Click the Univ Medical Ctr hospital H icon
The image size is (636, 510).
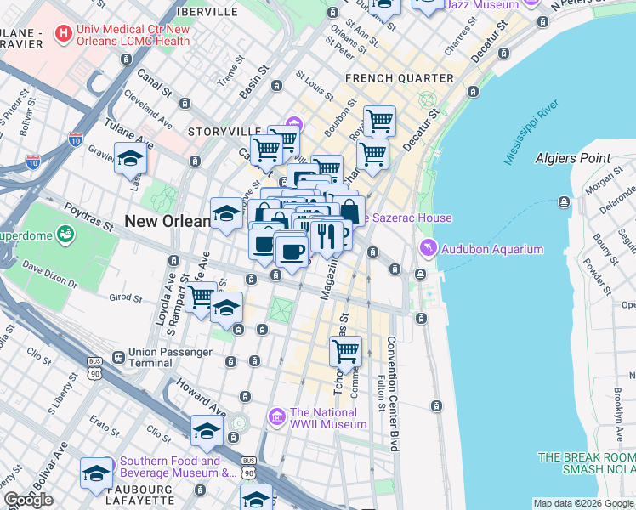click(x=62, y=35)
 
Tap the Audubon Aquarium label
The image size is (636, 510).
click(x=492, y=249)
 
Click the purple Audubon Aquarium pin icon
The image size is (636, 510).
click(x=427, y=248)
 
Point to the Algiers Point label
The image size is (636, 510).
click(x=572, y=158)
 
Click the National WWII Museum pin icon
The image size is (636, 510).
click(x=276, y=416)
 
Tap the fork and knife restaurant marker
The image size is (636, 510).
click(x=326, y=235)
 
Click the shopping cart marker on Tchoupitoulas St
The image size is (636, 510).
click(x=345, y=351)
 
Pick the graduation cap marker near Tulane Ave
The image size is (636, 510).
click(x=131, y=160)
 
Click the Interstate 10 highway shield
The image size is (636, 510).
click(x=77, y=137)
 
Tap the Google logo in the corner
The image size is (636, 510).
click(x=28, y=500)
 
